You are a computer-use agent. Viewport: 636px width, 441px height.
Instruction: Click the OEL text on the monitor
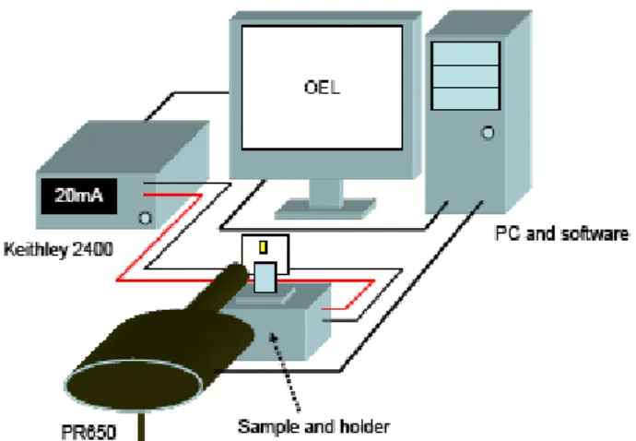pos(322,88)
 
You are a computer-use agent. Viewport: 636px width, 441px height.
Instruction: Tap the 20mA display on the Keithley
pos(79,197)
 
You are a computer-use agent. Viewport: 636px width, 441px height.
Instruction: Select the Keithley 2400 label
pos(58,249)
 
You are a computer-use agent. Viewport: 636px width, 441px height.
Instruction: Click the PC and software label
pos(562,234)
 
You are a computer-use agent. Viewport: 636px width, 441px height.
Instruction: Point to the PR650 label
pos(88,432)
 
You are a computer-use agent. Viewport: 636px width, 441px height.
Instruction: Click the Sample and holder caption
pos(313,427)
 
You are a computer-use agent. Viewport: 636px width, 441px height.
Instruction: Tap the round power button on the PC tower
pos(488,133)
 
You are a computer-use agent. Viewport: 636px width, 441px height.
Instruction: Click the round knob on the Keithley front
pos(146,218)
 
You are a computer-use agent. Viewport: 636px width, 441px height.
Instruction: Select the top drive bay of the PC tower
pos(465,54)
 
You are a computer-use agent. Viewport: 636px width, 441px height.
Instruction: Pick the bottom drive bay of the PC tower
pos(465,99)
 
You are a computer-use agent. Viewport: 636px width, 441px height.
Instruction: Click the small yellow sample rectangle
pos(264,247)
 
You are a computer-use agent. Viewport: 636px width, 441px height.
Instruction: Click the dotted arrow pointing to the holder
pos(285,373)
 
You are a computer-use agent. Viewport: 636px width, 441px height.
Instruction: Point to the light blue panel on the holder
pos(265,278)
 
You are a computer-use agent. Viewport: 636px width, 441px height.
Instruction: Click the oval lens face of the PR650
pos(135,383)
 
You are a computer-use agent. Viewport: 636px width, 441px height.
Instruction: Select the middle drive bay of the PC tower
pos(465,77)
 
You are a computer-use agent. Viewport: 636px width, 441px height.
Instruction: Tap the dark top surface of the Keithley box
pos(123,147)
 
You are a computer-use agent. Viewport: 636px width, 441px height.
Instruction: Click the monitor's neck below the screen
pos(325,194)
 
